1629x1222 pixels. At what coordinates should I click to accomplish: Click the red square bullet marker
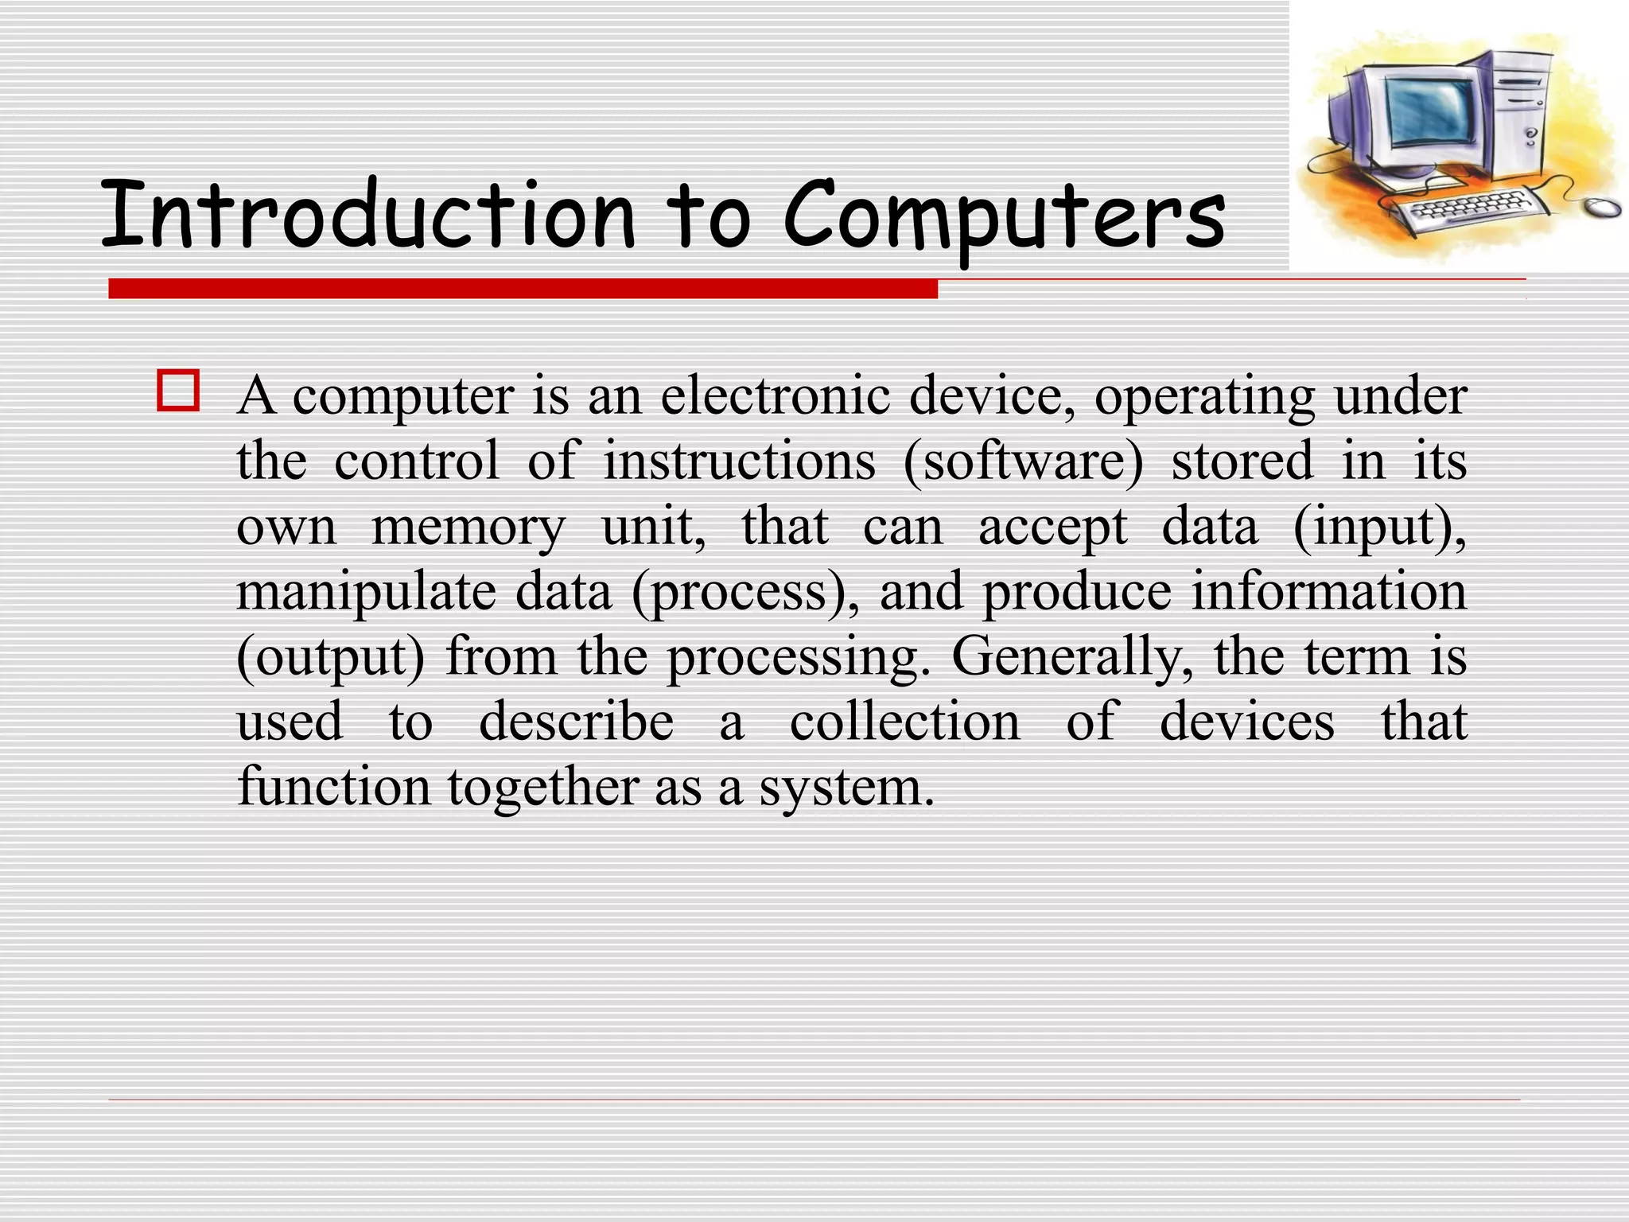178,391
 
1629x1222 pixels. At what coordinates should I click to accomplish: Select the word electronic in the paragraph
775,395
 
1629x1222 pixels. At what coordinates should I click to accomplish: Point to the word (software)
1023,461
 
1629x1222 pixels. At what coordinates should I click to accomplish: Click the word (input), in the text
1379,527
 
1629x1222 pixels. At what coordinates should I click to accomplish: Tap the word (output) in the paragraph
331,658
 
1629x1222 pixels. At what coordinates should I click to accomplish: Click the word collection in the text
904,722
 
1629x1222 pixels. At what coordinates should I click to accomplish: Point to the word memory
468,527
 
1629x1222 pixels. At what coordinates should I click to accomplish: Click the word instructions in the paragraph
739,461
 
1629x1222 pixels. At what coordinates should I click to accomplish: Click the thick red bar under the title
523,289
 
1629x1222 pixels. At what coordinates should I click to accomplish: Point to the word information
1328,593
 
